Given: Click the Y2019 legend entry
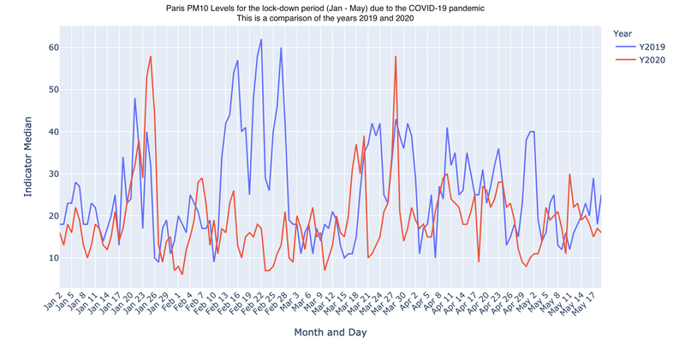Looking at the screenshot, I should click(x=645, y=45).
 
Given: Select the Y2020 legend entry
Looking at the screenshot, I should click(x=645, y=59).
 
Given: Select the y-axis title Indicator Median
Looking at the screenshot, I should click(x=27, y=159).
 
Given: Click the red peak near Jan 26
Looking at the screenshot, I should click(x=151, y=57).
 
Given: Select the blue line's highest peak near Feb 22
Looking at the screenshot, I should click(x=261, y=39).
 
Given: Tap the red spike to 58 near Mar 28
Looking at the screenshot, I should click(x=396, y=57).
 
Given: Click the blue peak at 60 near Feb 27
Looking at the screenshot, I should click(x=281, y=48).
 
